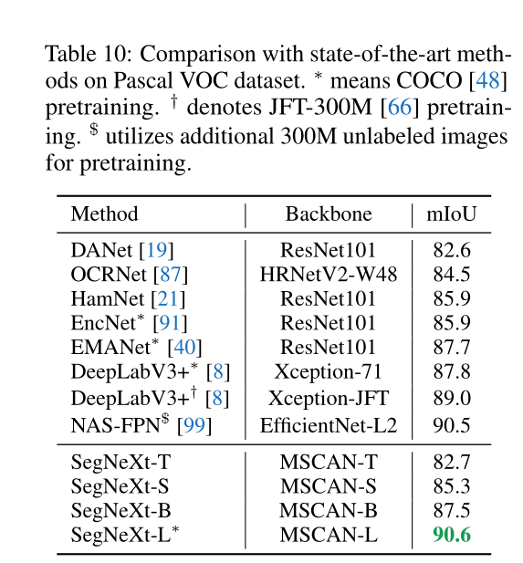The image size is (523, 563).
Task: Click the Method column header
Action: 105,214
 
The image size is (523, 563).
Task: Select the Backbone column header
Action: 329,214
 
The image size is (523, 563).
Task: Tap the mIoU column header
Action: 452,214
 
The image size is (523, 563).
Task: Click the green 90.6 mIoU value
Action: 452,535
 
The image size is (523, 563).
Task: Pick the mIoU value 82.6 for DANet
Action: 452,250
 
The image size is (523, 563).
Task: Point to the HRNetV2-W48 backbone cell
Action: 329,275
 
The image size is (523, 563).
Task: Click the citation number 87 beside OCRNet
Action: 171,275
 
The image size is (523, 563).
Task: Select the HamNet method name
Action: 108,298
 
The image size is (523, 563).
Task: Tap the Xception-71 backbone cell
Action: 329,371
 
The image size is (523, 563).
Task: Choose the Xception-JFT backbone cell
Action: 329,398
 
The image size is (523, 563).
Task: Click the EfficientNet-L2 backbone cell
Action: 329,425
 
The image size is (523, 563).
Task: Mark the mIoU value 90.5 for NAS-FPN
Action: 452,425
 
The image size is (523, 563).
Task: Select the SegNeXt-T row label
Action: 120,462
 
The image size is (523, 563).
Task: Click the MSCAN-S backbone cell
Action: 329,486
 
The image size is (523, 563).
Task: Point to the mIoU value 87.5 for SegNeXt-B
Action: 452,511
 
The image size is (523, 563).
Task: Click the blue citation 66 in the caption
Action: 400,107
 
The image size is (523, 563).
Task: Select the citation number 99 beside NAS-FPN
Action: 194,425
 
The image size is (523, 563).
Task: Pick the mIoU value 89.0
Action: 452,398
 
